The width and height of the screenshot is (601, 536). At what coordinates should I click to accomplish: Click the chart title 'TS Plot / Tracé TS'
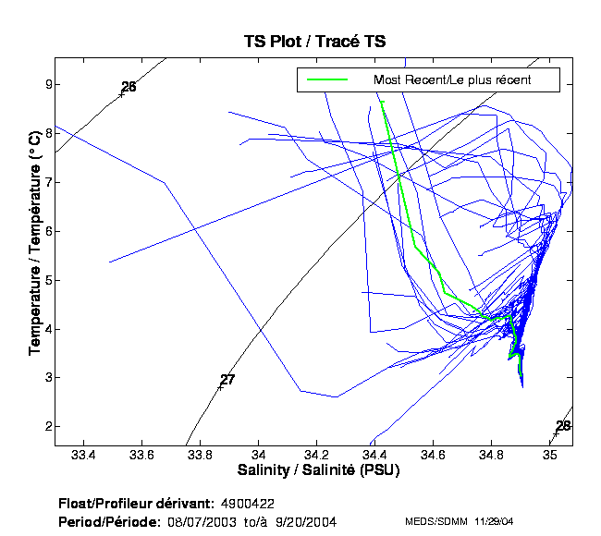[x=314, y=41]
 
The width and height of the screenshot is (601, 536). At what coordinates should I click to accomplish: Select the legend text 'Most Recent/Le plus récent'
[x=452, y=80]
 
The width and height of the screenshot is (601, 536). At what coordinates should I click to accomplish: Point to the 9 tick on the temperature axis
[x=43, y=84]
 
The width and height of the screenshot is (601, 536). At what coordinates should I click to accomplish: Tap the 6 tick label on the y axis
[x=43, y=231]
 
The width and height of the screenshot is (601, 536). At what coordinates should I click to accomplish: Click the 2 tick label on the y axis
[x=43, y=427]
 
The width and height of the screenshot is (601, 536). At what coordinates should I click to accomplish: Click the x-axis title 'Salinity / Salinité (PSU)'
[x=314, y=470]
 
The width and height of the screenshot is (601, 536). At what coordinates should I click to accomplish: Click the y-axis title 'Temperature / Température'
[x=34, y=254]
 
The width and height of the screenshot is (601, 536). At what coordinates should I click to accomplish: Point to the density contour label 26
[x=129, y=87]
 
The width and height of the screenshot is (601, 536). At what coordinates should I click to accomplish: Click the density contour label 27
[x=227, y=380]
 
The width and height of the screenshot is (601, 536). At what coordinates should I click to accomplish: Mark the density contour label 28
[x=563, y=425]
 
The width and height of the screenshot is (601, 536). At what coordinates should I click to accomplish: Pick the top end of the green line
[x=381, y=102]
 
